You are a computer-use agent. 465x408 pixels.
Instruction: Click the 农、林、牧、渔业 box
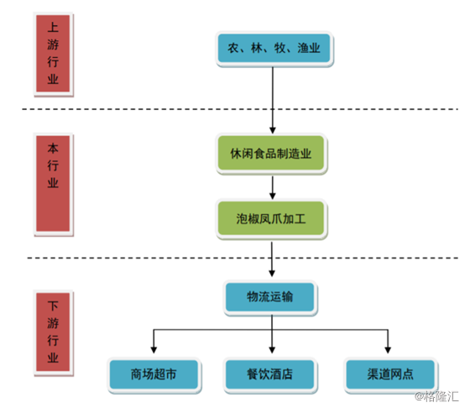point(274,49)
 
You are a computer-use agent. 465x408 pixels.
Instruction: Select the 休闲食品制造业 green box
point(271,154)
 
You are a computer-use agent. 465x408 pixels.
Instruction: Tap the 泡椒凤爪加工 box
point(271,219)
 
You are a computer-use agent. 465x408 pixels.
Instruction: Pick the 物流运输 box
point(270,297)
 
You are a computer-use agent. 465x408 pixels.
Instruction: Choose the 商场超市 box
point(154,374)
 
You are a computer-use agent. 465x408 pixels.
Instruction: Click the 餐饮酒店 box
point(270,374)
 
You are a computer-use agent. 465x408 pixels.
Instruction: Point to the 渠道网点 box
point(390,374)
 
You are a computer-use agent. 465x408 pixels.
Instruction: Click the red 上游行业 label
point(53,54)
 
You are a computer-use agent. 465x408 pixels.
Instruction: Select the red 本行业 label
point(53,184)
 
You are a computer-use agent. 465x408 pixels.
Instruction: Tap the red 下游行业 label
point(53,332)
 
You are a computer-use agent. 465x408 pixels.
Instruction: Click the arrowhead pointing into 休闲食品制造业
point(273,130)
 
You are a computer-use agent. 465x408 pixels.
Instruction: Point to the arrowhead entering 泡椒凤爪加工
point(273,196)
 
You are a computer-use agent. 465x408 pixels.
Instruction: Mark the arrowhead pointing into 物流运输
point(272,273)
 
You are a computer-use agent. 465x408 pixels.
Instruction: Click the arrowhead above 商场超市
point(154,350)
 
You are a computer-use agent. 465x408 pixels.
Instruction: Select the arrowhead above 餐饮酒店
point(272,350)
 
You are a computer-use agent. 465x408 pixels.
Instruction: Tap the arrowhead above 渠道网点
point(388,350)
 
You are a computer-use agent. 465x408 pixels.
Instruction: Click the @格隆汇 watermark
point(436,396)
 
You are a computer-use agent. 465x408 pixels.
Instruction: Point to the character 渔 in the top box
point(303,48)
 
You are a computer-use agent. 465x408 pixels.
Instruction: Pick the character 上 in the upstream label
point(53,27)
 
